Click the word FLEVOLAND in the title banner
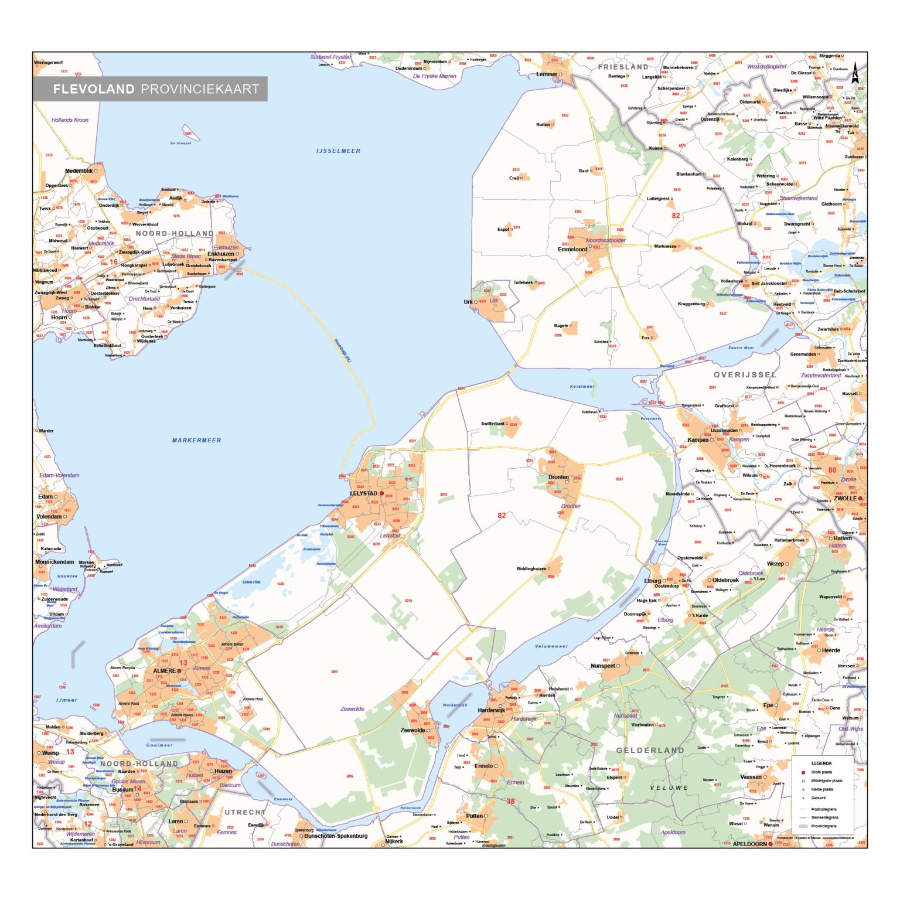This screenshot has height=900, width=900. pyautogui.click(x=94, y=89)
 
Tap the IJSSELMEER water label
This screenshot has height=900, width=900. pyautogui.click(x=338, y=151)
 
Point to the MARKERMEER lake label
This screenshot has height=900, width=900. pyautogui.click(x=196, y=441)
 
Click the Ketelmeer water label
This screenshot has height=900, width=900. pyautogui.click(x=582, y=387)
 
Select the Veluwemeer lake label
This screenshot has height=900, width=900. pyautogui.click(x=551, y=647)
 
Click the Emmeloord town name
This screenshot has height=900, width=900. pyautogui.click(x=572, y=250)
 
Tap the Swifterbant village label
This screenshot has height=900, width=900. pyautogui.click(x=493, y=424)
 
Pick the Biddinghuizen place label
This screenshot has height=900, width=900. pyautogui.click(x=531, y=569)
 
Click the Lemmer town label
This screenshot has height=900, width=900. pyautogui.click(x=546, y=74)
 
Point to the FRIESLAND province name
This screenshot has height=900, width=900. pyautogui.click(x=623, y=67)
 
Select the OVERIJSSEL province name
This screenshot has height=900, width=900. pyautogui.click(x=744, y=375)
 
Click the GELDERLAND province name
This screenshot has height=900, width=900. pyautogui.click(x=650, y=751)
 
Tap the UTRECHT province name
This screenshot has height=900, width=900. pyautogui.click(x=245, y=813)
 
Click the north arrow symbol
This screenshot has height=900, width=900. pyautogui.click(x=855, y=73)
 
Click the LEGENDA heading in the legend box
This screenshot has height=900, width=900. pyautogui.click(x=821, y=763)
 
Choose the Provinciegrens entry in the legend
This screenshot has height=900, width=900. pyautogui.click(x=823, y=826)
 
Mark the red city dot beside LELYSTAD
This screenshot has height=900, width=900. pyautogui.click(x=381, y=493)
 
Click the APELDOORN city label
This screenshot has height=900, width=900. pyautogui.click(x=749, y=844)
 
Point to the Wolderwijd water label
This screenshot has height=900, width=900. pyautogui.click(x=455, y=705)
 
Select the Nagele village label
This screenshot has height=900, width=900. pyautogui.click(x=561, y=326)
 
